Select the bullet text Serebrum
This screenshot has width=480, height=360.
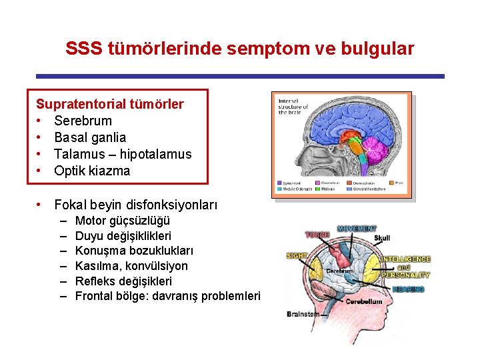pos(83,121)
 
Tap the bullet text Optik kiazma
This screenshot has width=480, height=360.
pos(92,171)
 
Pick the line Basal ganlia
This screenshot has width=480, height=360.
pos(90,137)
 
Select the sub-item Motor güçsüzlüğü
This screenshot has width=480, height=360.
pos(123,221)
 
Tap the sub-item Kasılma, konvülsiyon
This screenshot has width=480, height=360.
pos(131,266)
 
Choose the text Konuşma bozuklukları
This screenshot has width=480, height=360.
pos(134,251)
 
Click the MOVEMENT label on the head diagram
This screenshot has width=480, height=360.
pos(356,229)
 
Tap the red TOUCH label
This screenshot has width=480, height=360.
pos(317,235)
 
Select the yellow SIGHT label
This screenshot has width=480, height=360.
pos(296,255)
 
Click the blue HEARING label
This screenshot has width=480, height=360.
pos(408,289)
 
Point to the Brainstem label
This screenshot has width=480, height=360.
pos(303,313)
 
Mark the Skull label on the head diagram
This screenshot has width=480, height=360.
pos(382,237)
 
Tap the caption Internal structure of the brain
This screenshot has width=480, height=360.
pos(293,106)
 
